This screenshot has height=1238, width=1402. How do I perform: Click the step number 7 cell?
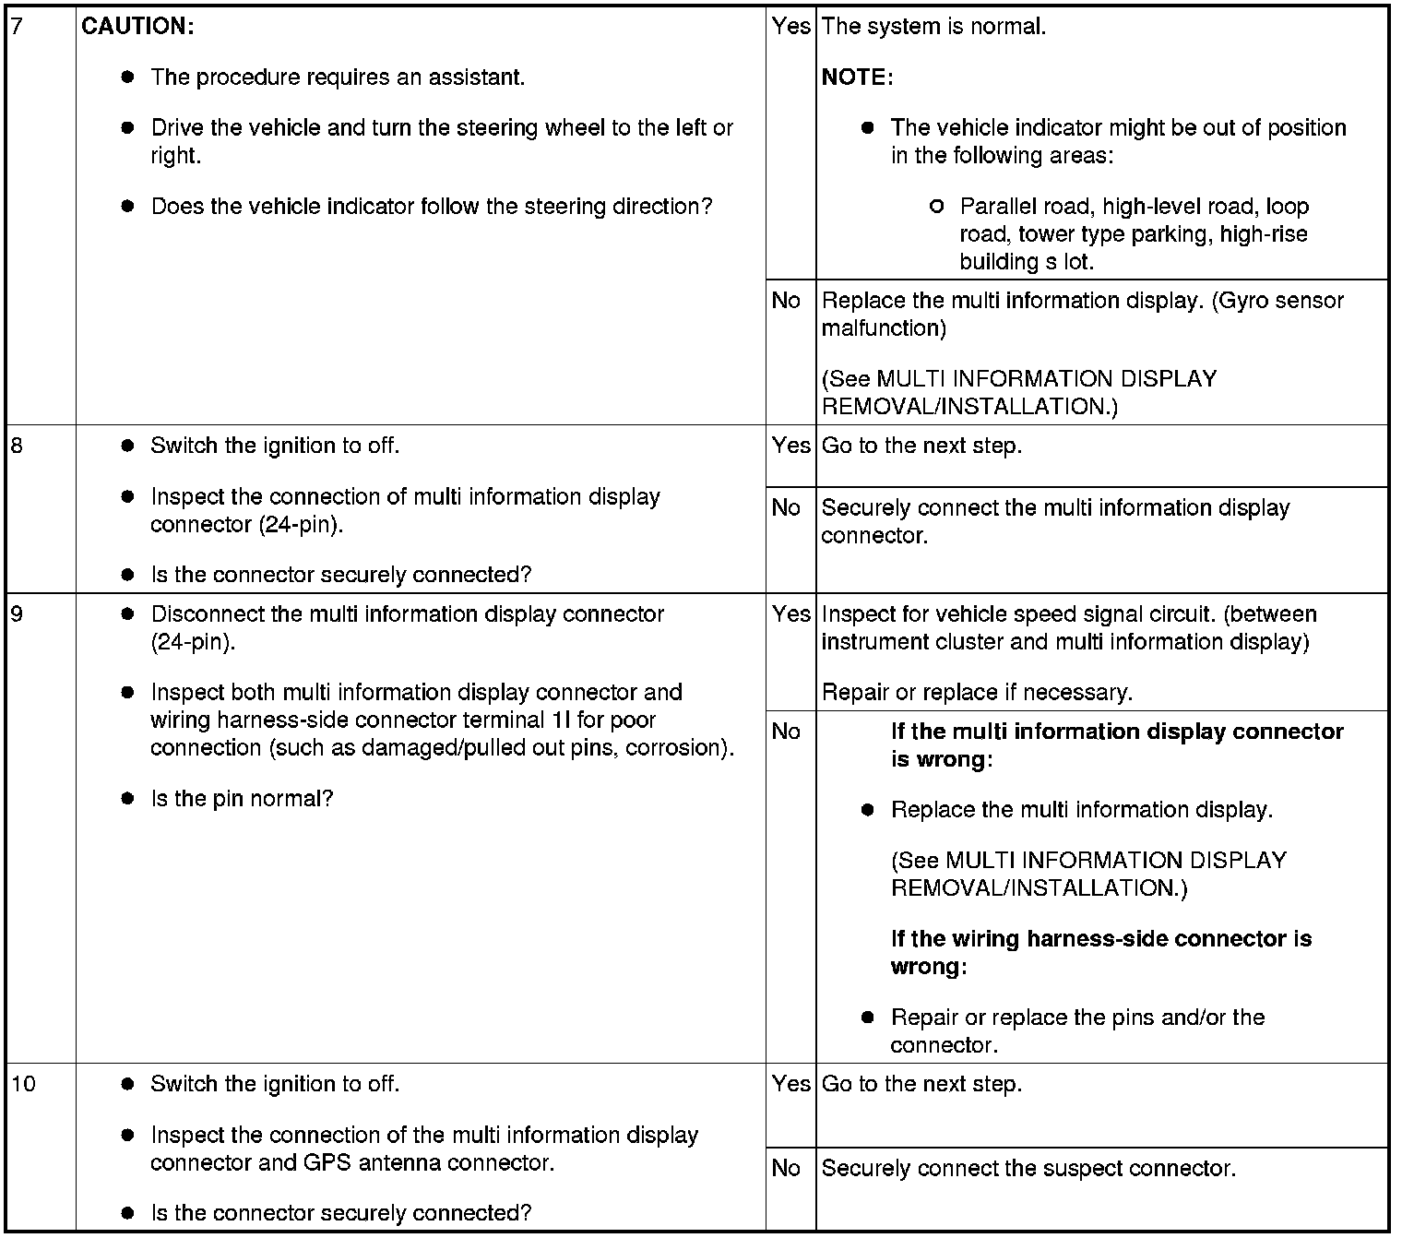pyautogui.click(x=16, y=26)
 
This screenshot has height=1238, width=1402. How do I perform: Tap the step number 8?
pyautogui.click(x=16, y=446)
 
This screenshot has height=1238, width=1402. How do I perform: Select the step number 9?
pyautogui.click(x=16, y=613)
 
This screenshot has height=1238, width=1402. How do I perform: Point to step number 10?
pyautogui.click(x=22, y=1084)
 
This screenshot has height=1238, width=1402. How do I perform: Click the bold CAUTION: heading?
pyautogui.click(x=137, y=26)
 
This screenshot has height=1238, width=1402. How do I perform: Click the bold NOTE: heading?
pyautogui.click(x=857, y=77)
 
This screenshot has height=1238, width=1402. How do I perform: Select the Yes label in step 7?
pyautogui.click(x=790, y=26)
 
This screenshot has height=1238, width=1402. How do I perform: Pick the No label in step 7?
pyautogui.click(x=786, y=300)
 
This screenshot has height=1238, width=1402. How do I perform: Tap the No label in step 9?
pyautogui.click(x=786, y=732)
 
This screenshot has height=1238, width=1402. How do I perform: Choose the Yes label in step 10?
pyautogui.click(x=790, y=1084)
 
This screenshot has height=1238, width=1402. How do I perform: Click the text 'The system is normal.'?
pyautogui.click(x=933, y=26)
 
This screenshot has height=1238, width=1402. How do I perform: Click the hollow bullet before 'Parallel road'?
pyautogui.click(x=937, y=207)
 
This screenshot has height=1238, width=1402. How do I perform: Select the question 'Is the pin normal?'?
pyautogui.click(x=242, y=798)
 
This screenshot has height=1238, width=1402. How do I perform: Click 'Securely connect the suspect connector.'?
pyautogui.click(x=1028, y=1168)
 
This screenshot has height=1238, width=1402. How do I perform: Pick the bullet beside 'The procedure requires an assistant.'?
pyautogui.click(x=128, y=77)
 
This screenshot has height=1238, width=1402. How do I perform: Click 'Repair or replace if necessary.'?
pyautogui.click(x=977, y=692)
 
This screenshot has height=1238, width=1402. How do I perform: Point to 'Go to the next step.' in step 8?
pyautogui.click(x=921, y=446)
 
